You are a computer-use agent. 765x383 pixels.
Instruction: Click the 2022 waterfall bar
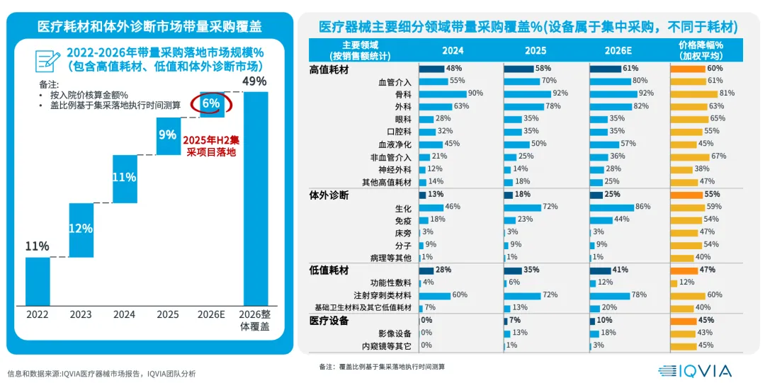pyautogui.click(x=38, y=280)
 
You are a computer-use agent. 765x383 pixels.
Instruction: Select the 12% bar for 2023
pyautogui.click(x=81, y=229)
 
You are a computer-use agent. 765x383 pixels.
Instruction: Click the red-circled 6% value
pyautogui.click(x=211, y=103)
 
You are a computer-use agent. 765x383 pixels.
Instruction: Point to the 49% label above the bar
pyautogui.click(x=254, y=81)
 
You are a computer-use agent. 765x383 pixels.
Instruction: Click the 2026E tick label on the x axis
pyautogui.click(x=211, y=314)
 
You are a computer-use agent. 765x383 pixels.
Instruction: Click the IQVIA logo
pyautogui.click(x=694, y=370)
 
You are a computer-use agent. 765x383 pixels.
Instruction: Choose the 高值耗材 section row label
pyautogui.click(x=330, y=69)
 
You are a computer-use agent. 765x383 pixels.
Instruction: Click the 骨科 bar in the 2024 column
pyautogui.click(x=443, y=93)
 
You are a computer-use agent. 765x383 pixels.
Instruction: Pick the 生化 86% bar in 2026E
pyautogui.click(x=611, y=207)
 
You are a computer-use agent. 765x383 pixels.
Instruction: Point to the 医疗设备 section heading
pyautogui.click(x=329, y=321)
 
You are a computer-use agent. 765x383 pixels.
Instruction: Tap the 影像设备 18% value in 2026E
pyautogui.click(x=608, y=333)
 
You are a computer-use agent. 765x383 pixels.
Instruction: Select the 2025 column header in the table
pyautogui.click(x=535, y=50)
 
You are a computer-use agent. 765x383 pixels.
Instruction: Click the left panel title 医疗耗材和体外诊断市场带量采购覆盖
pyautogui.click(x=149, y=27)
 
